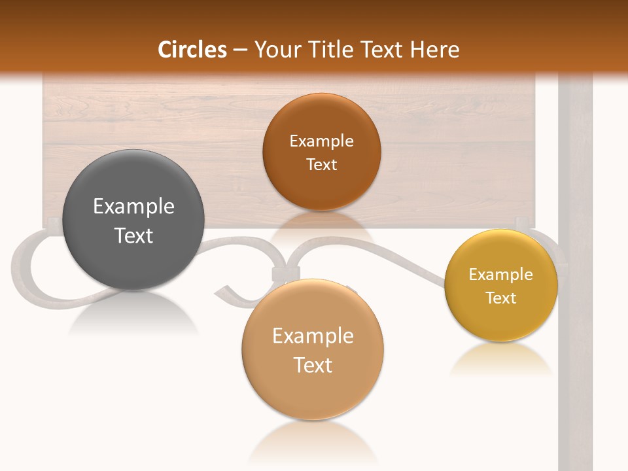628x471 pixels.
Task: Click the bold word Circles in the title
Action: point(192,50)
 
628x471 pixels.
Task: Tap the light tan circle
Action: point(313,392)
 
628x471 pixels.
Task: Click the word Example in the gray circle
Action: point(133,207)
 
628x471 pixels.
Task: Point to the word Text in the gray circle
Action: point(133,235)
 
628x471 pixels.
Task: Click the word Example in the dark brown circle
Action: point(321,141)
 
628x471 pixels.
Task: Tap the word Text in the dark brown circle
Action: point(321,164)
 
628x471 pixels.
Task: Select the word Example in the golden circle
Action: point(501,275)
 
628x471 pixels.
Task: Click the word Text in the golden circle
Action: point(501,298)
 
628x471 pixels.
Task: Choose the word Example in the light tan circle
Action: point(313,336)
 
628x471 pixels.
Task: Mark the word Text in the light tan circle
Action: point(313,365)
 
